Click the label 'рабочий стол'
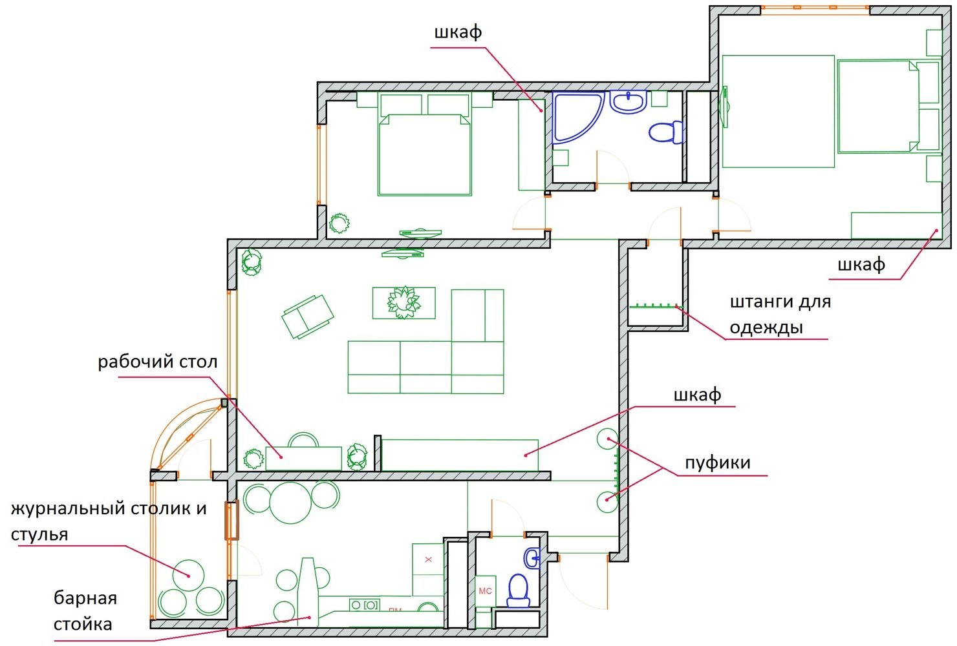pyautogui.click(x=158, y=362)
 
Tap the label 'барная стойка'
pyautogui.click(x=85, y=611)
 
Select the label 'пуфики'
pyautogui.click(x=718, y=463)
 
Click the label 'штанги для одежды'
pyautogui.click(x=780, y=315)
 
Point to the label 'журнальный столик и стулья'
pyautogui.click(x=109, y=521)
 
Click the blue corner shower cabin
pyautogui.click(x=577, y=116)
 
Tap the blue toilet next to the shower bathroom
pyautogui.click(x=665, y=132)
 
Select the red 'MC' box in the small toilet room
pyautogui.click(x=486, y=591)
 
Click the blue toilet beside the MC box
pyautogui.click(x=519, y=590)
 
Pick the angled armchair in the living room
pyautogui.click(x=308, y=316)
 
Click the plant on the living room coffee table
pyautogui.click(x=403, y=302)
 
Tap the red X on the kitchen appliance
pyautogui.click(x=429, y=559)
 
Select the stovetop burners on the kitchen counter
pyautogui.click(x=365, y=605)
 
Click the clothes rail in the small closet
pyautogui.click(x=656, y=306)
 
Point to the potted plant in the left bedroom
pyautogui.click(x=339, y=223)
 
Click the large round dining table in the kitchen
pyautogui.click(x=290, y=502)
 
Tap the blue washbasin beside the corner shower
pyautogui.click(x=628, y=101)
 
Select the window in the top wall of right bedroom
pyautogui.click(x=815, y=10)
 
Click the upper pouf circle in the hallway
pyautogui.click(x=607, y=439)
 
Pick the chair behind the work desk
pyautogui.click(x=303, y=440)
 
